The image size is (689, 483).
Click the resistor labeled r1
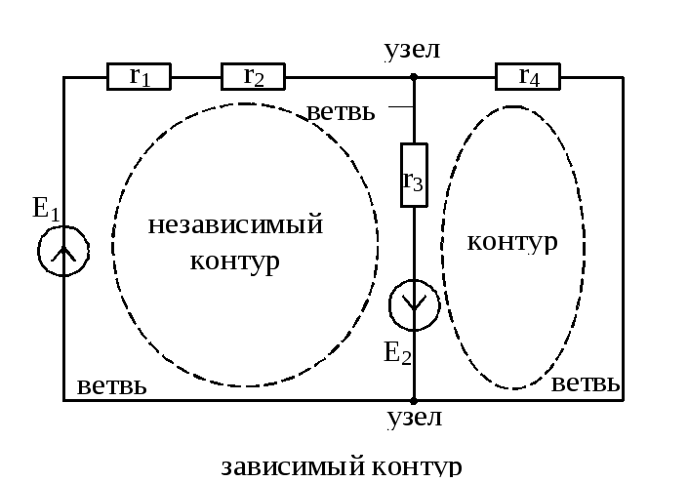pyautogui.click(x=139, y=76)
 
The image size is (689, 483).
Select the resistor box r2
pyautogui.click(x=253, y=76)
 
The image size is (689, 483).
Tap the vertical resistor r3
pyautogui.click(x=414, y=176)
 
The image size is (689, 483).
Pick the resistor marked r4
pyautogui.click(x=529, y=76)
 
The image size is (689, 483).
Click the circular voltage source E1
pyautogui.click(x=63, y=252)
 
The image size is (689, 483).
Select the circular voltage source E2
pyautogui.click(x=414, y=305)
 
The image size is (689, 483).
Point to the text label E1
pyautogui.click(x=46, y=208)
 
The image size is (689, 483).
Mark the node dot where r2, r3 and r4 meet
pyautogui.click(x=414, y=76)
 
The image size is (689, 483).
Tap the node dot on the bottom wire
pyautogui.click(x=414, y=400)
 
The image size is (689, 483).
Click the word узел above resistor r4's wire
pyautogui.click(x=413, y=49)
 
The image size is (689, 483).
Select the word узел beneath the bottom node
pyautogui.click(x=414, y=419)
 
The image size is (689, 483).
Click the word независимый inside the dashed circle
pyautogui.click(x=235, y=225)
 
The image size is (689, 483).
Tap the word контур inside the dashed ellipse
pyautogui.click(x=512, y=240)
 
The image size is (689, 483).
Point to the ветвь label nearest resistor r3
pyautogui.click(x=341, y=111)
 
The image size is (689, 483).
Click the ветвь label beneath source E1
pyautogui.click(x=111, y=385)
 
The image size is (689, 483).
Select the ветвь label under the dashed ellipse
pyautogui.click(x=586, y=383)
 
